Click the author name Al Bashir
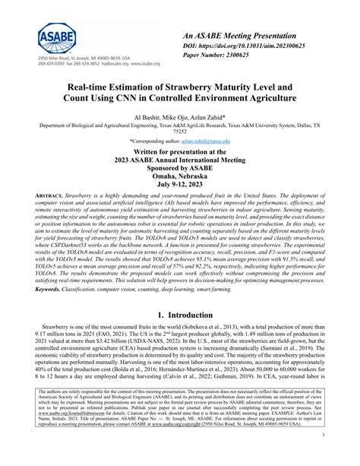[150, 117]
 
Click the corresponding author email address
[210, 141]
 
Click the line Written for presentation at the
[180, 151]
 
